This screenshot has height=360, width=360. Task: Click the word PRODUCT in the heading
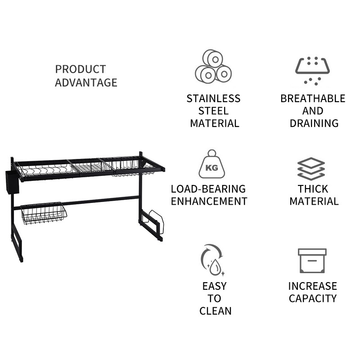[x=80, y=69]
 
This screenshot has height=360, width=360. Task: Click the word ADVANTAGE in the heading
[x=86, y=83]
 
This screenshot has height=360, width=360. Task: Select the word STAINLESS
[x=214, y=99]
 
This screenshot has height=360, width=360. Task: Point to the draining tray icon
[x=312, y=70]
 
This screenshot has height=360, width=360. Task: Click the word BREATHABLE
[x=313, y=99]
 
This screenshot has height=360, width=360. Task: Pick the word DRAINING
[x=314, y=123]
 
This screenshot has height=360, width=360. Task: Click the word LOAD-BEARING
[x=208, y=189]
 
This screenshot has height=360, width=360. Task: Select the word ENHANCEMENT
[x=209, y=201]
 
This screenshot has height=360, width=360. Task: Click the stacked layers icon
[x=311, y=169]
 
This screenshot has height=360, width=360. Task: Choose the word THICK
[x=313, y=189]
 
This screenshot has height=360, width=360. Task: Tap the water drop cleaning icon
[x=212, y=260]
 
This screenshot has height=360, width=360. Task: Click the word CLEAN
[x=215, y=311]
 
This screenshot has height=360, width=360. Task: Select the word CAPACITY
[x=313, y=298]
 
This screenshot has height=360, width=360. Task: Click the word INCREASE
[x=313, y=286]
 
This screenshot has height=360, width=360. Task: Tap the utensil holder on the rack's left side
[x=13, y=182]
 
